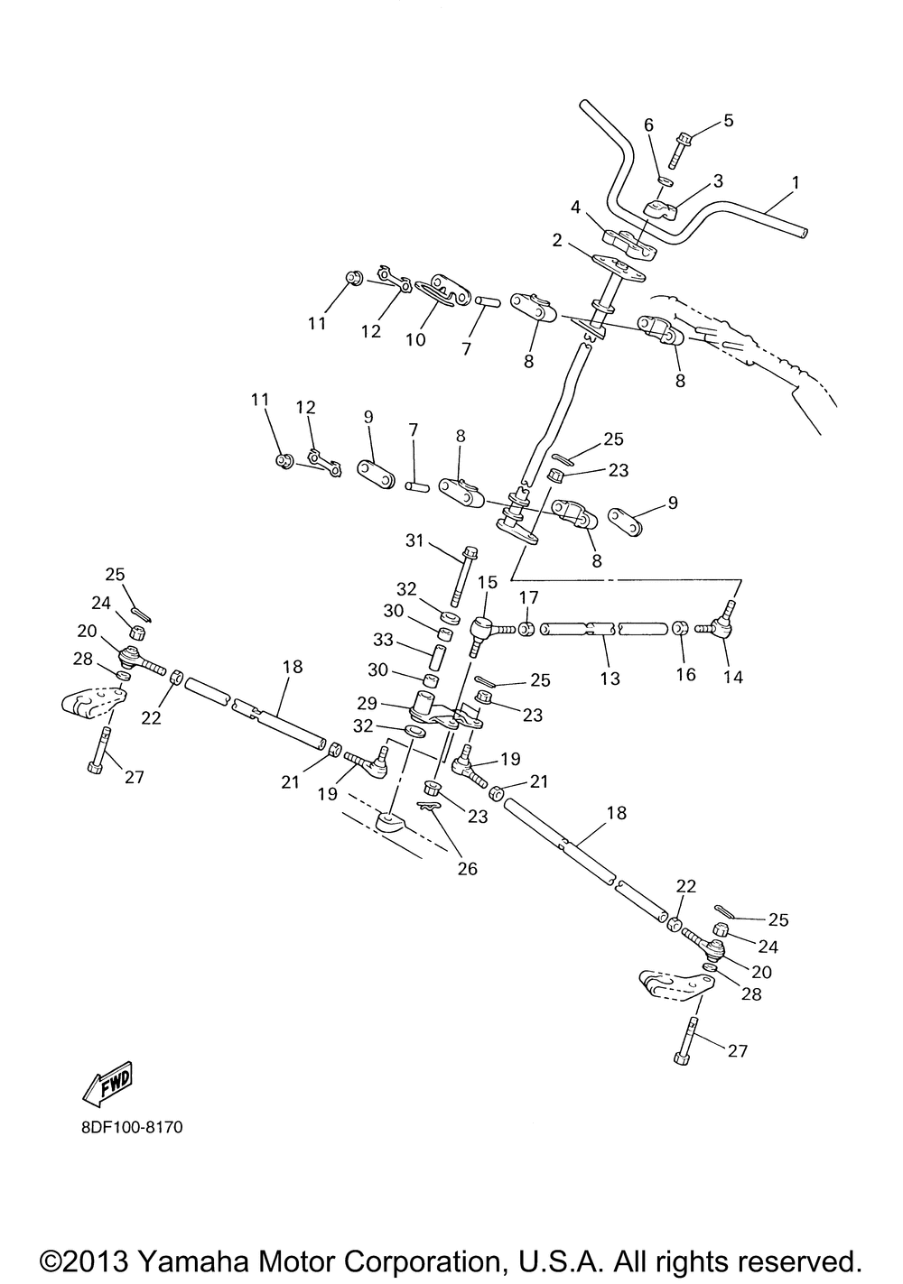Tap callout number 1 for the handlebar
[795, 183]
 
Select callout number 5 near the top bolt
[729, 120]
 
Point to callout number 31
[414, 540]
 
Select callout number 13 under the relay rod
[610, 678]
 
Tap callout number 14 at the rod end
[732, 677]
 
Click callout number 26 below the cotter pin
[467, 869]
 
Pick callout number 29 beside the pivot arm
[392, 703]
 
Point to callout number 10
[414, 339]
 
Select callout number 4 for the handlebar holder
[575, 207]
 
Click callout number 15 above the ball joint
[488, 583]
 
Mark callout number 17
[528, 596]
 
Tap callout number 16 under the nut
[685, 674]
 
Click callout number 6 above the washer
[648, 125]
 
